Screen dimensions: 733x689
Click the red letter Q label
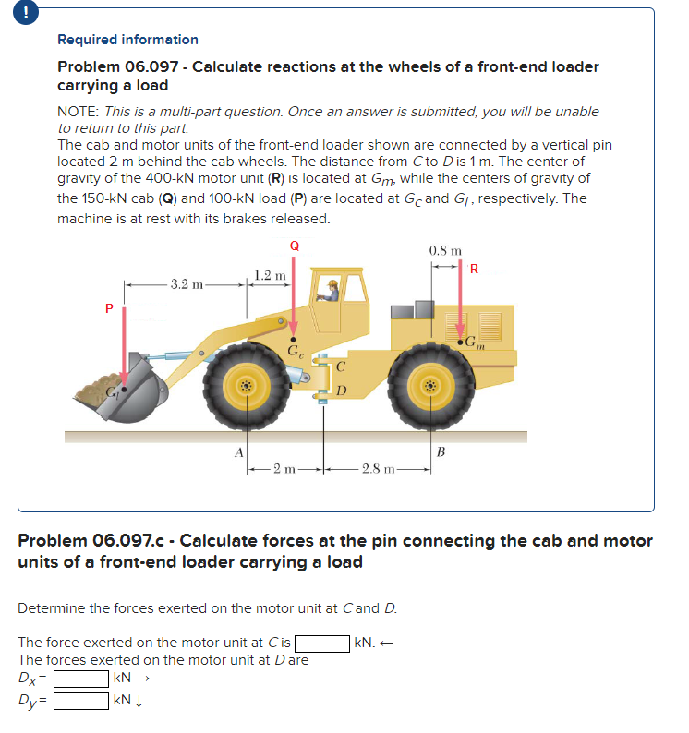(294, 246)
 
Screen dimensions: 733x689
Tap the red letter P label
(108, 309)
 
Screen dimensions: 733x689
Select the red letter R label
(474, 270)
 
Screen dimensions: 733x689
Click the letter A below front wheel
(238, 451)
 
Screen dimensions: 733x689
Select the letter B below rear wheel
(441, 451)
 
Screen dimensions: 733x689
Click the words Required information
(127, 40)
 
